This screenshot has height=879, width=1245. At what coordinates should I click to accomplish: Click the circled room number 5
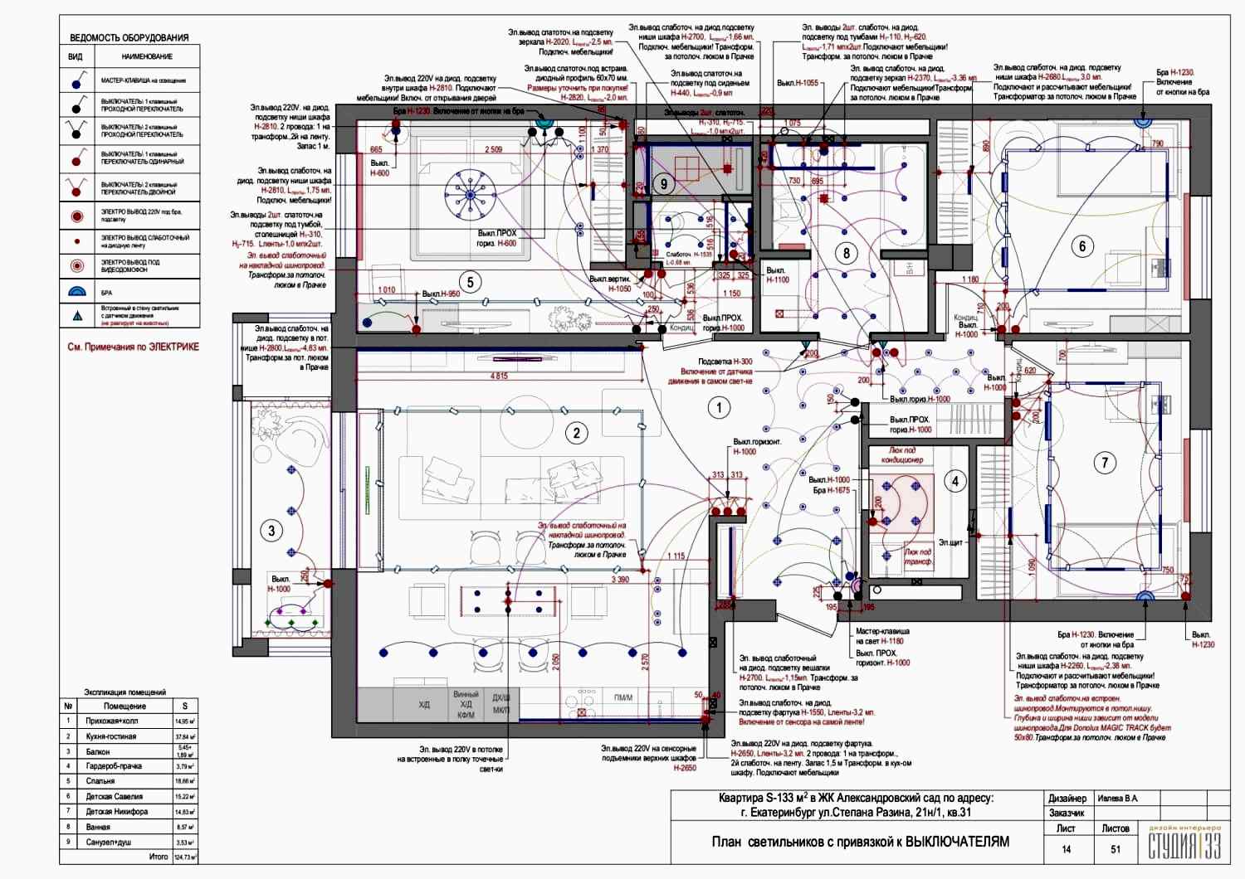(470, 282)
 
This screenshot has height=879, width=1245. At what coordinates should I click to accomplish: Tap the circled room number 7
(1104, 463)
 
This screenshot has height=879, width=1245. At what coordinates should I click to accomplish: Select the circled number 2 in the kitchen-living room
(576, 432)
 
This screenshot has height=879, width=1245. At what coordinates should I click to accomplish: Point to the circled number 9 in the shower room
(663, 184)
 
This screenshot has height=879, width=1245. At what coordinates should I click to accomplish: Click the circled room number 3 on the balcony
(271, 531)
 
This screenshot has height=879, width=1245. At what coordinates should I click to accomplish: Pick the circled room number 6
(1081, 246)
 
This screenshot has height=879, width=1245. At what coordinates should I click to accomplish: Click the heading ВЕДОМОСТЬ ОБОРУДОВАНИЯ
(129, 37)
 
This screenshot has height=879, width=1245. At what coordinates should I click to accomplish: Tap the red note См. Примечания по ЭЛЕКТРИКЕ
(133, 347)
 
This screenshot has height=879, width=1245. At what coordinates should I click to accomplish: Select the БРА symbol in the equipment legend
(76, 292)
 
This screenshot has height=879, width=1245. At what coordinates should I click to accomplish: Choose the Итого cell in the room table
(158, 857)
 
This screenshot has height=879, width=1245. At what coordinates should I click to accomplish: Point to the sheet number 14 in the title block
(1066, 849)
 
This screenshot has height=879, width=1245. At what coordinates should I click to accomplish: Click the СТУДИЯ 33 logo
(1184, 844)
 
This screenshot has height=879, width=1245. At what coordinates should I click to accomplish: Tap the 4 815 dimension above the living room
(499, 376)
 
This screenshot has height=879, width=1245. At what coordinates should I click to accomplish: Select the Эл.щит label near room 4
(950, 543)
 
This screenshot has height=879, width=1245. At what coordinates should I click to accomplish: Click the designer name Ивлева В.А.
(1118, 799)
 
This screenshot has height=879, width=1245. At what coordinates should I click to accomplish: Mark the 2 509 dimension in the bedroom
(494, 150)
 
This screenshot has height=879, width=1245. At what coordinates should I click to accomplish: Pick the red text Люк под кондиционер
(902, 455)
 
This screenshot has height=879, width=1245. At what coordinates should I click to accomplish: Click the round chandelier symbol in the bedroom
(470, 196)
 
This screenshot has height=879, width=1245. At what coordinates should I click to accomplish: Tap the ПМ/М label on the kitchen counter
(623, 697)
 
